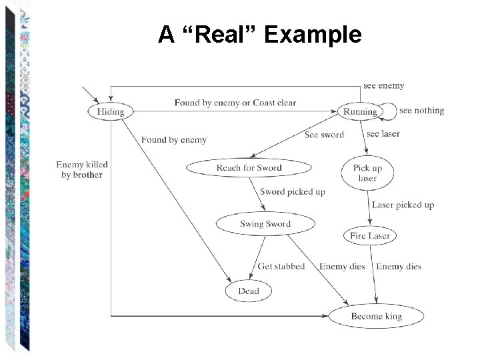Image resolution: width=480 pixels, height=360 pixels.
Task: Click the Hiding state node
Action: point(111,111)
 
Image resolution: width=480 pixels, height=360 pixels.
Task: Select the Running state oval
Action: point(360,111)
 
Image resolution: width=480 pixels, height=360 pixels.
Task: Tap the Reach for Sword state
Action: point(249,168)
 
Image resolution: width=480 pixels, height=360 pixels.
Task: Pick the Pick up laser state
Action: point(367,173)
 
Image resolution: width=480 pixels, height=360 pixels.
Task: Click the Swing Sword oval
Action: point(265,224)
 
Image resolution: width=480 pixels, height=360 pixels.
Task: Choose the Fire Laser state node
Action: point(370,235)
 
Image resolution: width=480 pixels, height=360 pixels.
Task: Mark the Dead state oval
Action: point(249,291)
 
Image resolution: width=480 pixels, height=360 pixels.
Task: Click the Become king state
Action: point(377,316)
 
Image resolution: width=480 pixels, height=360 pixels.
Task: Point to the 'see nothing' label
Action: point(421,111)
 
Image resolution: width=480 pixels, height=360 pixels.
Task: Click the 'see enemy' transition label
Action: point(383,86)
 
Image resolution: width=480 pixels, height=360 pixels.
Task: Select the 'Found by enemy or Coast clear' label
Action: point(235,103)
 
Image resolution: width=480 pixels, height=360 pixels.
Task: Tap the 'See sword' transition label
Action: point(324,135)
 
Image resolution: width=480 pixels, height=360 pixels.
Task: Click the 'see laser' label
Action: point(383,134)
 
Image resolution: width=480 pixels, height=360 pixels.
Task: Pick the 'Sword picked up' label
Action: point(293,192)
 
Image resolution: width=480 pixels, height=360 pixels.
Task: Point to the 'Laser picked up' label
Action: point(403,205)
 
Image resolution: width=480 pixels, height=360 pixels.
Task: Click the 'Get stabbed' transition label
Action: point(281,267)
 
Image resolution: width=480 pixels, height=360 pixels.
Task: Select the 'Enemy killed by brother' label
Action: point(82,170)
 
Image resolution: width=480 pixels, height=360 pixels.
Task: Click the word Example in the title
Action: point(313,35)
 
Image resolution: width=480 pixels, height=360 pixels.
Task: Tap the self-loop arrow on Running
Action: point(390,111)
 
